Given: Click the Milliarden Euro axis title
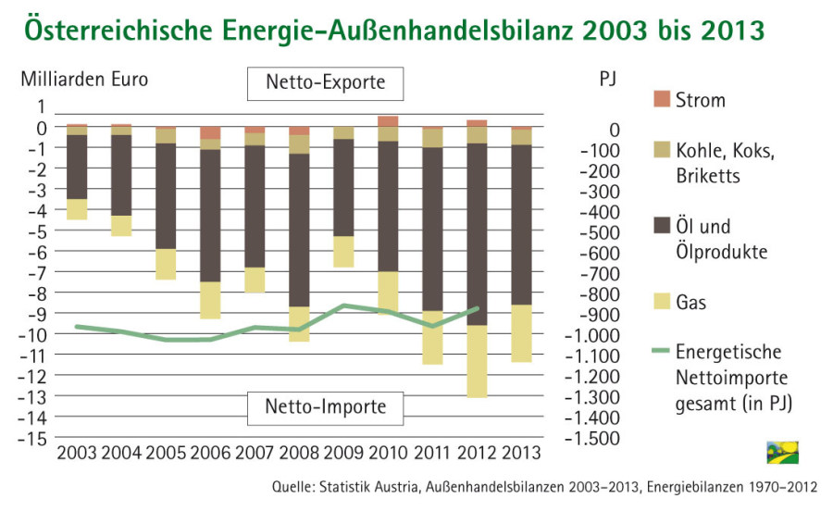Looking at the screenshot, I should click(x=84, y=79).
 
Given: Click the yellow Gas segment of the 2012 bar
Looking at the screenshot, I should click(x=477, y=361).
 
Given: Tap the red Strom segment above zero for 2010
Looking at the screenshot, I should click(x=388, y=121).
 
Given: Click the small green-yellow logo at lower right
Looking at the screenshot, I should click(x=782, y=452).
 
